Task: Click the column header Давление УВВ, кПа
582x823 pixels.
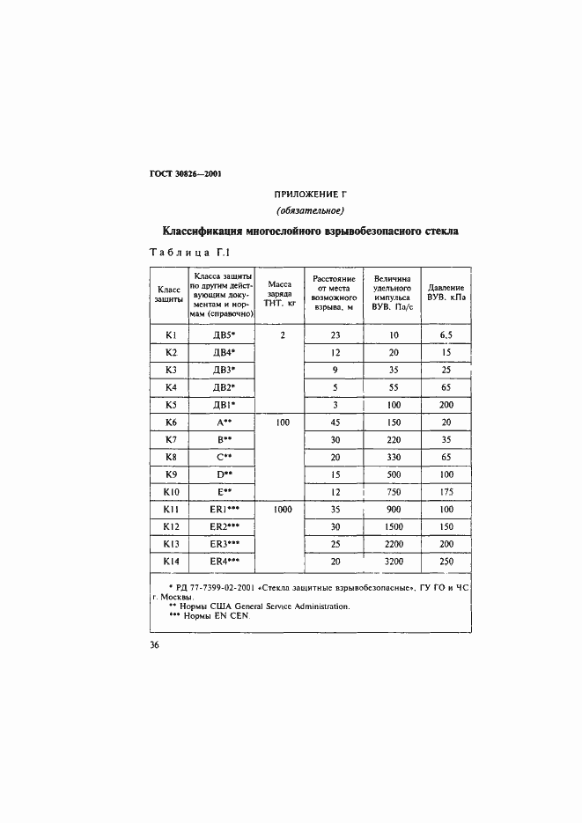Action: (446, 293)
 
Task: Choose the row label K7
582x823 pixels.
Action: (171, 439)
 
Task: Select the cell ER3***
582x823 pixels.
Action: (225, 543)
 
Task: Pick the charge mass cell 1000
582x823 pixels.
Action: (281, 509)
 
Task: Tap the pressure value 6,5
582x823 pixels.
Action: (446, 335)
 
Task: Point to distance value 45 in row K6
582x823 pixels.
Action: (335, 423)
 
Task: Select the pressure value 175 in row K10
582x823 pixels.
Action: (446, 491)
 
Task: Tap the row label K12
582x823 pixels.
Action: (171, 526)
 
